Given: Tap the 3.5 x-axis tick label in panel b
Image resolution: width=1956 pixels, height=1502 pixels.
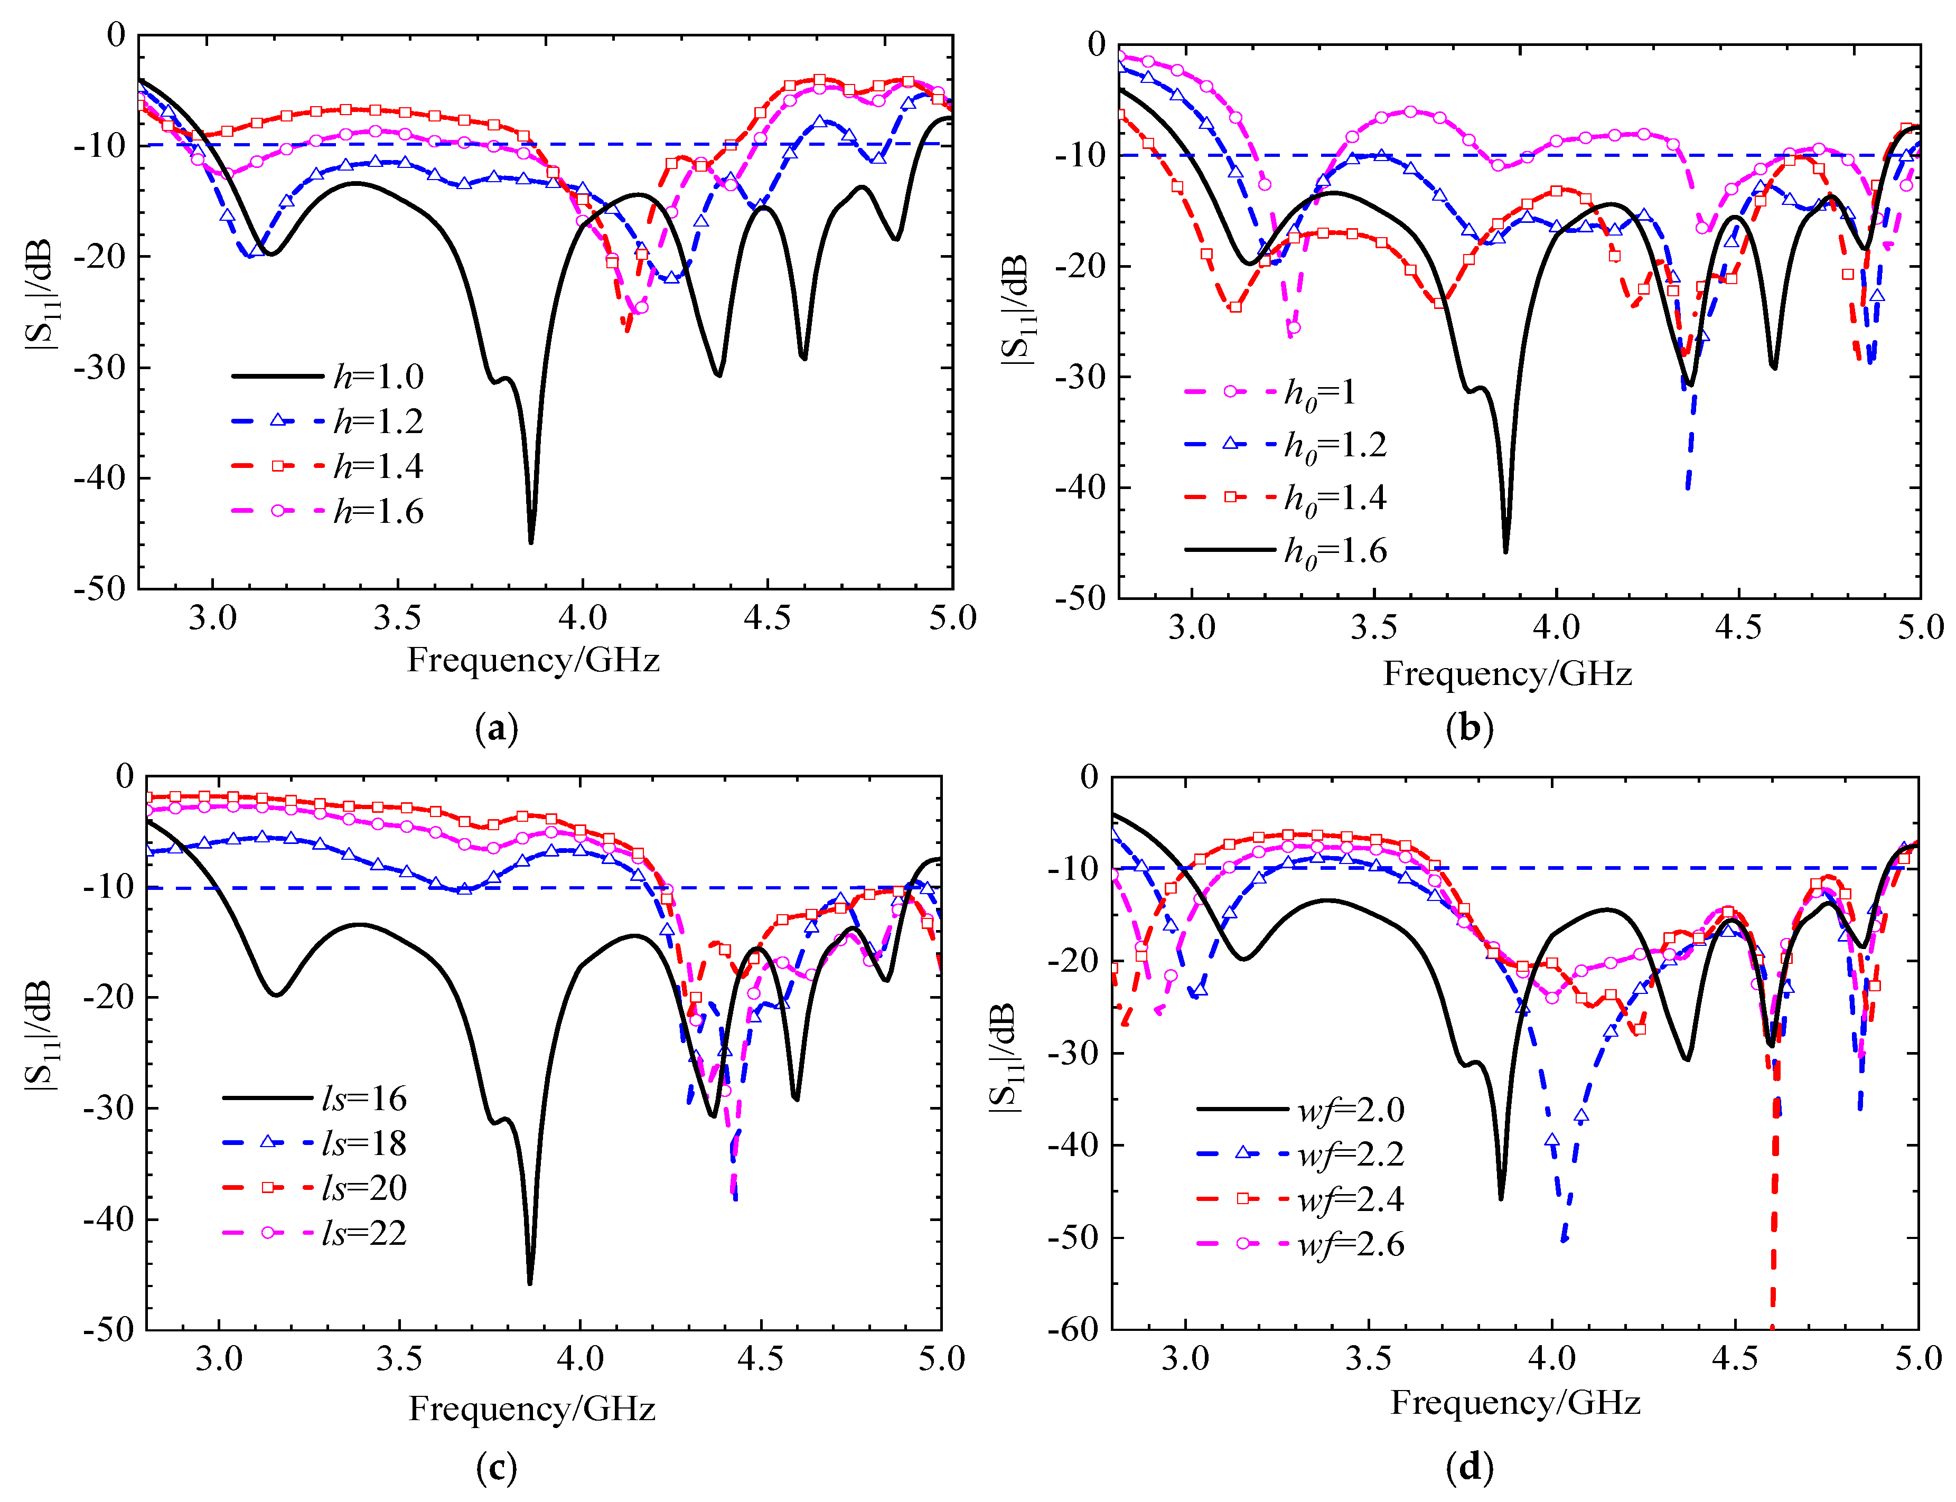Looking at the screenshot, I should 1373,627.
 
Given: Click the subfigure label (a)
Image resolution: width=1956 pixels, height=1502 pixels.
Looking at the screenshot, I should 497,729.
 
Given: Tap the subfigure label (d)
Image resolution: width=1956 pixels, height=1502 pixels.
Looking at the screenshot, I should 1469,1466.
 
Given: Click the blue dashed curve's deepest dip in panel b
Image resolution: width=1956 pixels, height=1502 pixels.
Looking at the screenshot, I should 1687,487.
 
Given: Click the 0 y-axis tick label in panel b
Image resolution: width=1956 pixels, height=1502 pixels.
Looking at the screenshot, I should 1095,45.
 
